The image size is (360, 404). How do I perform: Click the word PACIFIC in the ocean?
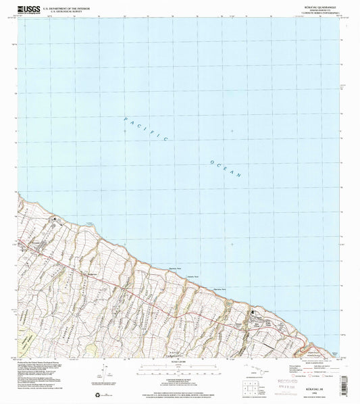click(x=145, y=128)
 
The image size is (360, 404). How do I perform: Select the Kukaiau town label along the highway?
click(x=257, y=312)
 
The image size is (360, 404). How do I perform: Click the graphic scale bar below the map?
click(x=180, y=369)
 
